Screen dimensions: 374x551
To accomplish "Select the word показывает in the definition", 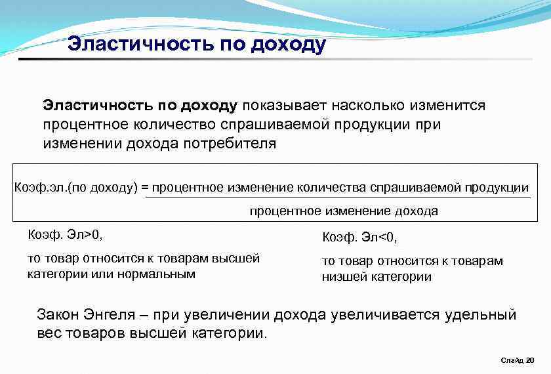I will click(283, 106).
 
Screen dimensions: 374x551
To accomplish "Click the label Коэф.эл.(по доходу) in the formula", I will click(76, 188).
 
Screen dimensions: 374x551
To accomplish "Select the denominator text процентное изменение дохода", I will click(343, 211).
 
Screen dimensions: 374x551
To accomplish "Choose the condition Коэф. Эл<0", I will click(360, 236).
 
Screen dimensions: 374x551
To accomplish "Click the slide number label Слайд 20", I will click(517, 360).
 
